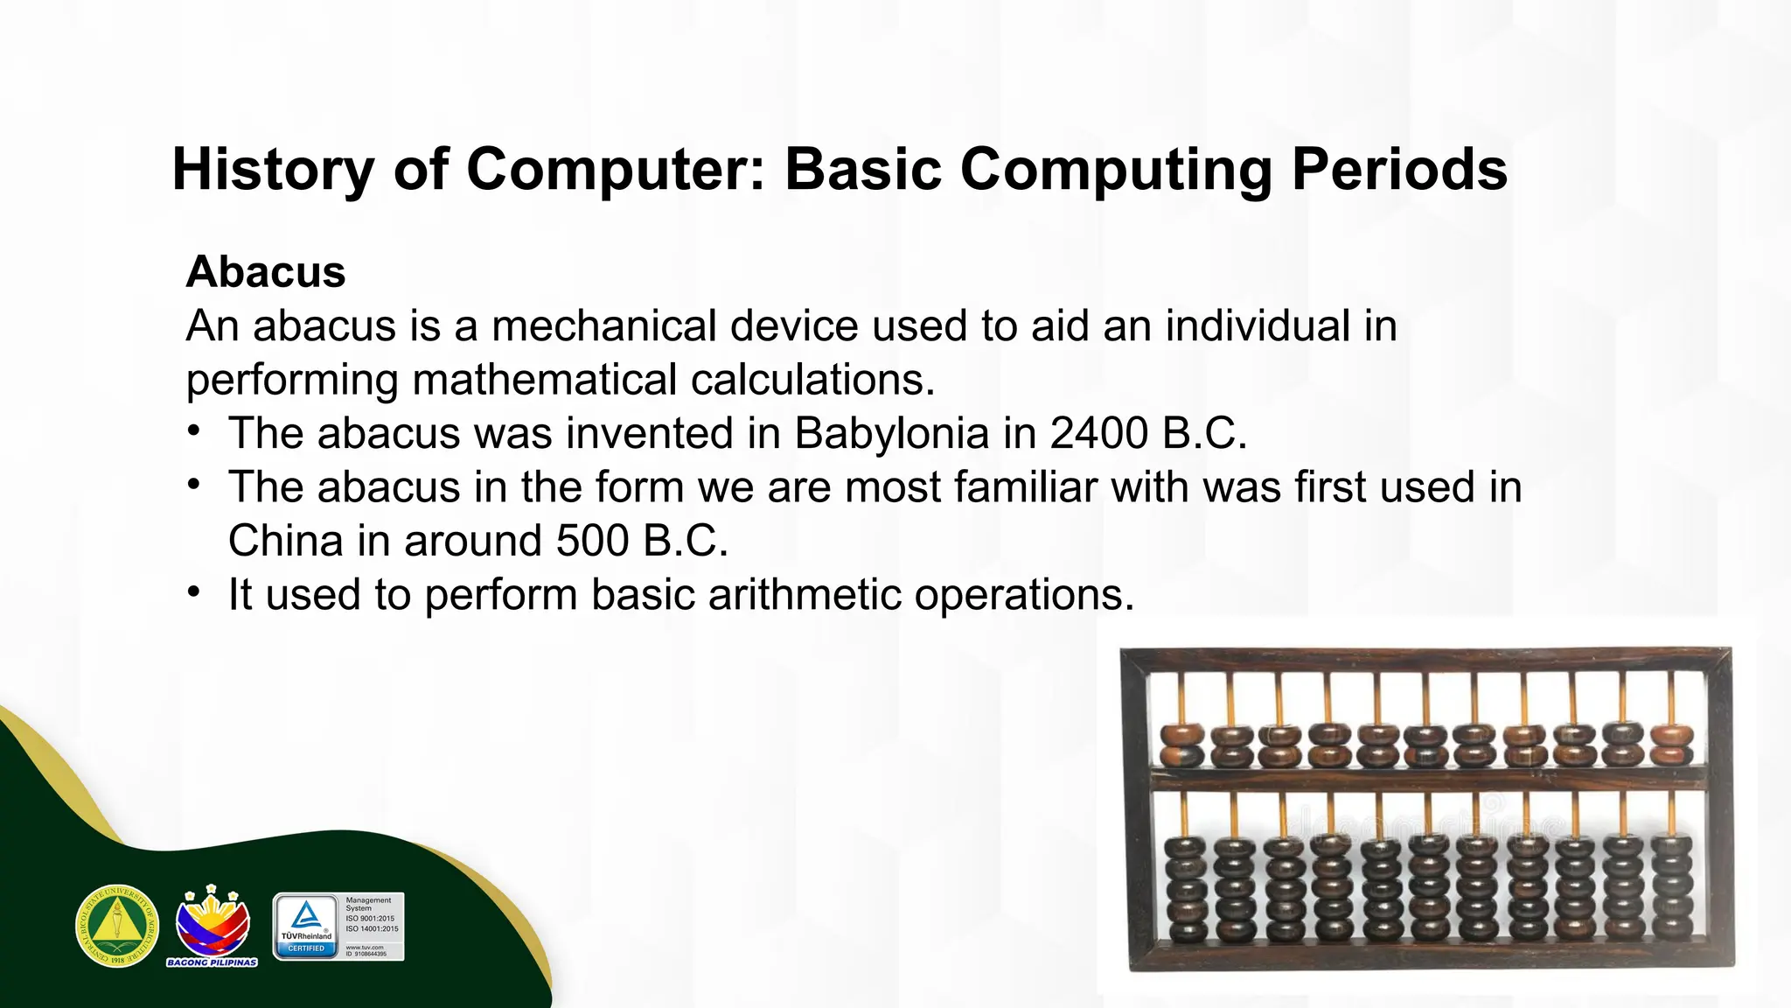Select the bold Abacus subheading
point(266,271)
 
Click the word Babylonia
point(891,433)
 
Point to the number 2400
point(1099,433)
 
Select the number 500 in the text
point(592,541)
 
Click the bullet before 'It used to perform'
point(194,592)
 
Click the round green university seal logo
point(117,926)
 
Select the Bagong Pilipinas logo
point(213,926)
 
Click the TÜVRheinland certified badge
point(338,927)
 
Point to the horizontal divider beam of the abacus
point(1427,777)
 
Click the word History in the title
point(272,169)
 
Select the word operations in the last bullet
point(1023,595)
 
